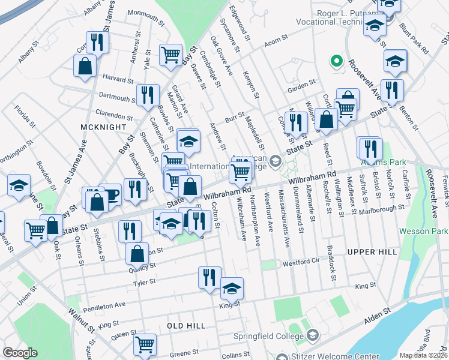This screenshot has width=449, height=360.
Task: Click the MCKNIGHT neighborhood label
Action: [x=104, y=127]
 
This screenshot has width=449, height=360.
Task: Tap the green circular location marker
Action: [x=337, y=61]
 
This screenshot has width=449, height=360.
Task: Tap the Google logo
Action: [x=20, y=353]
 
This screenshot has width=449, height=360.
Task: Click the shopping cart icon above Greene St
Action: [x=145, y=344]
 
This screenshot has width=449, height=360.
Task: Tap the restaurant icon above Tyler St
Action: [x=209, y=277]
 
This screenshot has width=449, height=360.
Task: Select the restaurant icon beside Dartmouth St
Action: [x=147, y=95]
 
